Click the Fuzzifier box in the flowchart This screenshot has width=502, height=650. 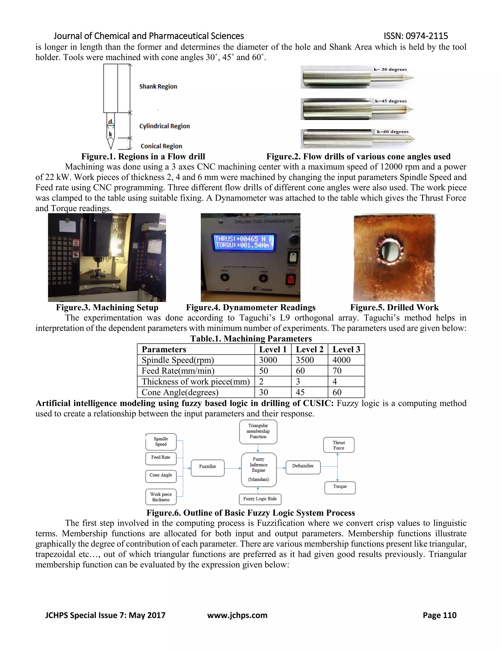(x=208, y=468)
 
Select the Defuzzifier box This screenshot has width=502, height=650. (x=303, y=467)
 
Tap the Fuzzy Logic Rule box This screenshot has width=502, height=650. (x=260, y=499)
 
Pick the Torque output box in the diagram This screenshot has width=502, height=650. (x=340, y=488)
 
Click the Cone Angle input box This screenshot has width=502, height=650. (x=161, y=476)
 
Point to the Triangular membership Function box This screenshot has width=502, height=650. (x=258, y=431)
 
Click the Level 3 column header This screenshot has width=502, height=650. (x=346, y=349)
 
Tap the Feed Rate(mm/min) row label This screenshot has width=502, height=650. (x=178, y=371)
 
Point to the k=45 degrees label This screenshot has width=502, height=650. (x=391, y=101)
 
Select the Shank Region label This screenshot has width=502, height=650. (x=158, y=87)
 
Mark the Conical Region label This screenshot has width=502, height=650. (x=161, y=146)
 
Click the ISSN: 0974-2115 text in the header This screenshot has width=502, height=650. (x=416, y=36)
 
